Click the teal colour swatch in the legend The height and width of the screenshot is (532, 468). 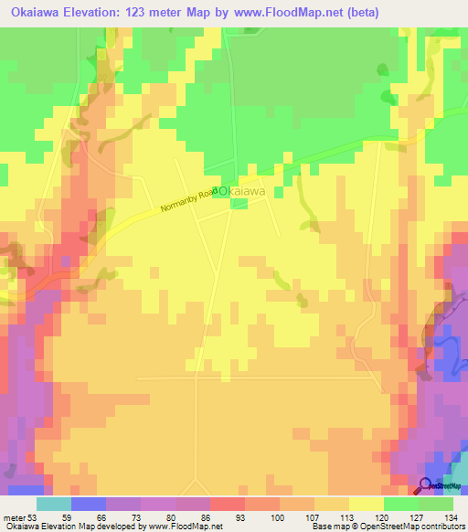[54, 504]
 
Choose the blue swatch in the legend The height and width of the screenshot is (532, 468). [89, 504]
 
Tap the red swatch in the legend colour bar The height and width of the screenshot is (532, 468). [227, 504]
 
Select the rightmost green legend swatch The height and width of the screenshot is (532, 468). [436, 504]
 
